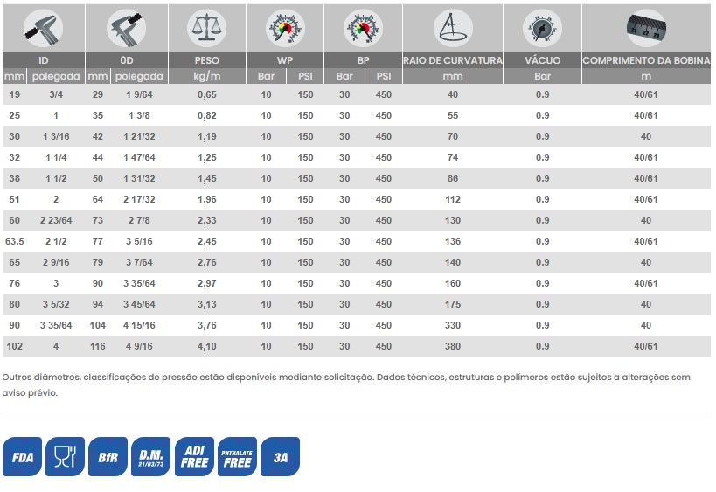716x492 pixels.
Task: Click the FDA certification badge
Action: click(x=22, y=456)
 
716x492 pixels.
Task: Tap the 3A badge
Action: click(x=280, y=456)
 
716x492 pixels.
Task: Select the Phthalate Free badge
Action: click(x=237, y=456)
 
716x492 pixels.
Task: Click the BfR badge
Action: click(x=108, y=456)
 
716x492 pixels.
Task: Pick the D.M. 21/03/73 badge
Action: click(x=150, y=456)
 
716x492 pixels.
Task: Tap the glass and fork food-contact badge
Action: click(x=65, y=456)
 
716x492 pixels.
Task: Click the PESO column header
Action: click(x=207, y=60)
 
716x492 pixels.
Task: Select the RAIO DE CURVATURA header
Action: click(x=453, y=60)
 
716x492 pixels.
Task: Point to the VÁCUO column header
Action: click(x=543, y=60)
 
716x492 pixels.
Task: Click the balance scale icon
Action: click(x=207, y=28)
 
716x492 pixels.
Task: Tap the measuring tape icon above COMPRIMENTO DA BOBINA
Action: click(x=646, y=28)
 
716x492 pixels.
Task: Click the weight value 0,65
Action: click(x=207, y=94)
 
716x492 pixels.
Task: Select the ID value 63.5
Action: click(x=15, y=241)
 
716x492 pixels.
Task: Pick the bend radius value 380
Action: click(x=453, y=346)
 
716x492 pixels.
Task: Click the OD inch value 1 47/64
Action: click(x=139, y=157)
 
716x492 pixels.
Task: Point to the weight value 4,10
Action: click(x=207, y=346)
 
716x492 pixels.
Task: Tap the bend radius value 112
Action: click(x=453, y=199)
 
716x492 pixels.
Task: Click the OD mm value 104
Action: click(x=98, y=325)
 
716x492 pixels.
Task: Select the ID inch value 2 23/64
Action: click(x=56, y=220)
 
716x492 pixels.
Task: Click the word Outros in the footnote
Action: click(x=16, y=377)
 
